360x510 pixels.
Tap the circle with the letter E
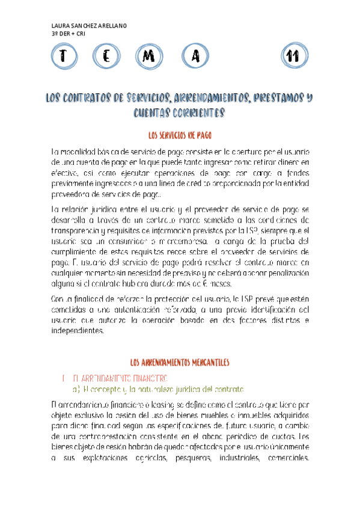tap(106, 57)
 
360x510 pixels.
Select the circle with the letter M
tap(150, 57)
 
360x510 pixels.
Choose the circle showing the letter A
tap(194, 57)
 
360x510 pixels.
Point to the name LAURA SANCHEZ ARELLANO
tap(90, 26)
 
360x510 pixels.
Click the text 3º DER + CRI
tap(69, 34)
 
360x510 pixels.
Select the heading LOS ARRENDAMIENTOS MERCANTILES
tap(180, 362)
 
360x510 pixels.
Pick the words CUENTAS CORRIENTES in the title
tap(180, 112)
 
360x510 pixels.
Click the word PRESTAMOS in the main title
tap(275, 98)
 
